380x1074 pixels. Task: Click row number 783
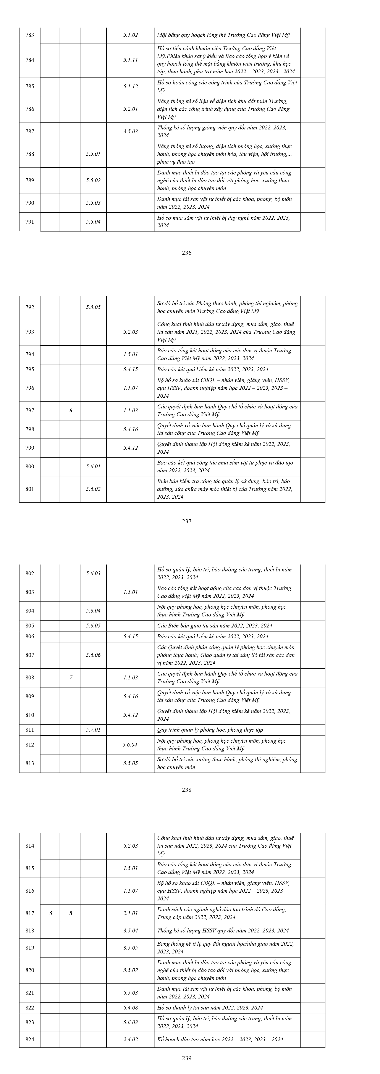tap(30, 35)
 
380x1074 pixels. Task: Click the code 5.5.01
tap(93, 154)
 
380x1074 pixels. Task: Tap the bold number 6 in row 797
tap(71, 410)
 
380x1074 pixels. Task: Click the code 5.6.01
tap(93, 466)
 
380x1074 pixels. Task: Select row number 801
tap(30, 489)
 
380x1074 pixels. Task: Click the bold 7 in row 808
tap(71, 677)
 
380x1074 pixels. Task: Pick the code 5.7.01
tap(93, 730)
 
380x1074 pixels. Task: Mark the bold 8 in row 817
tap(71, 913)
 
